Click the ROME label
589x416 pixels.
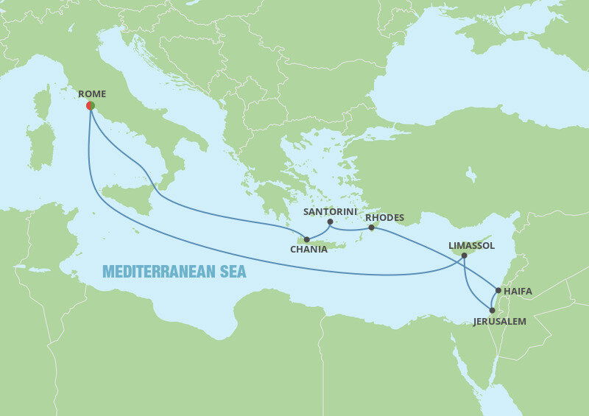(92, 94)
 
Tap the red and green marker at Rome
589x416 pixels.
(90, 106)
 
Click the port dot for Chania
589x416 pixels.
(306, 239)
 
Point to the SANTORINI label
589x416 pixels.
(330, 211)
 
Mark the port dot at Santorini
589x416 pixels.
(330, 222)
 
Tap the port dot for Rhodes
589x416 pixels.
(371, 228)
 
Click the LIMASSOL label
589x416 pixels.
(471, 245)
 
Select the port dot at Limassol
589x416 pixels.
(464, 255)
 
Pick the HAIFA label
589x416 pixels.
(518, 292)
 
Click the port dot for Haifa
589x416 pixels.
(498, 291)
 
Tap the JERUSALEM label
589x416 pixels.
(500, 322)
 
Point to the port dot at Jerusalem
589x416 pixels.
(493, 311)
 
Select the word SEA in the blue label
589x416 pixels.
(230, 272)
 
